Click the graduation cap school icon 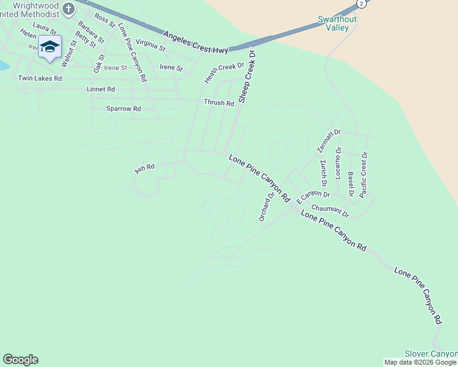(50, 46)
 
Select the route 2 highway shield (362, 4)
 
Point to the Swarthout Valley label (333, 23)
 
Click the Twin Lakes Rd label (40, 78)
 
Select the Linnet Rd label (101, 89)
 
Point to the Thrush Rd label (219, 103)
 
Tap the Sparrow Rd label (124, 109)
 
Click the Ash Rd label (145, 168)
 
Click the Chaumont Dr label (329, 211)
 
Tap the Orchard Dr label (265, 207)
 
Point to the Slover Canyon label (431, 354)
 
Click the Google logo (20, 360)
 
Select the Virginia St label (151, 44)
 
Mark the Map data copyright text (421, 362)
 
